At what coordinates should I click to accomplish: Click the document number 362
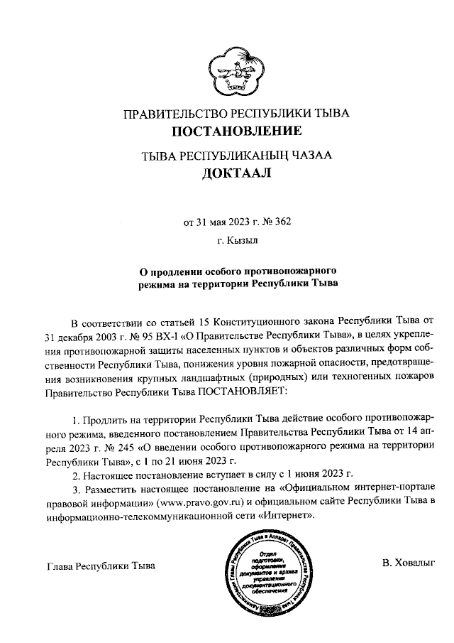[x=282, y=221]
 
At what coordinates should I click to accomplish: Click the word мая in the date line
[x=218, y=221]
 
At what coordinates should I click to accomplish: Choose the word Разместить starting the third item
[x=113, y=490]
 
